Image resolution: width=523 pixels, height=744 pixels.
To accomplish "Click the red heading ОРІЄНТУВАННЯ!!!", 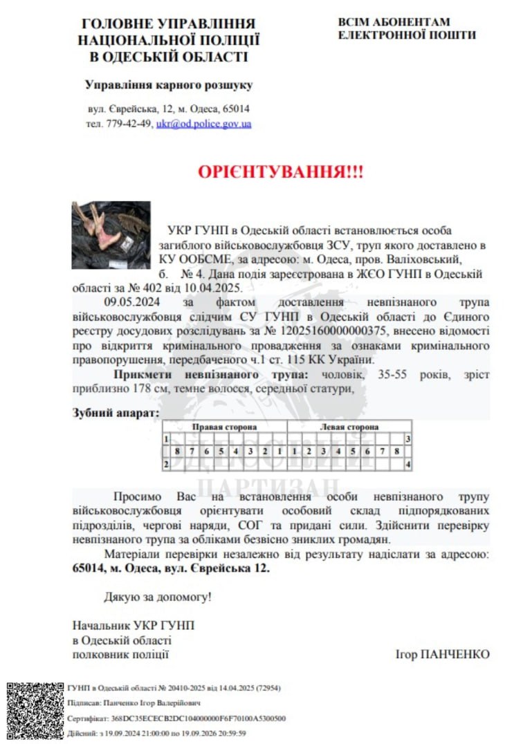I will pos(280,172).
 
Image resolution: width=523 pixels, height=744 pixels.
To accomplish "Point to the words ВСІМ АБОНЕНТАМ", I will pos(394,22).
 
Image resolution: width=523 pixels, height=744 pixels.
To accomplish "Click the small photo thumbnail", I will pos(111,235).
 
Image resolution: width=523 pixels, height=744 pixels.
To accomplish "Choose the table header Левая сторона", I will pos(349,427).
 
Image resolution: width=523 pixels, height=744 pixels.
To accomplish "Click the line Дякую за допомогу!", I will pos(158,596).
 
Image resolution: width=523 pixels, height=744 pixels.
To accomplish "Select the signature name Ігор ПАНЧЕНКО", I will pos(442,654).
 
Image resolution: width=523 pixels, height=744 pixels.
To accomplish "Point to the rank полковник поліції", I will pos(120,654).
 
